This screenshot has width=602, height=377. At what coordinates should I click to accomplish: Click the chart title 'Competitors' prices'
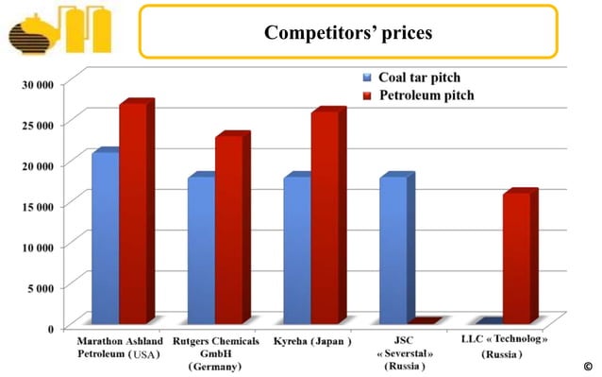(348, 33)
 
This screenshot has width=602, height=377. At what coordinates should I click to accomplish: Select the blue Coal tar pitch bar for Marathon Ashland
(104, 236)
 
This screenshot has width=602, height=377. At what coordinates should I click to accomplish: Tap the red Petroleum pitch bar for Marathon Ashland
(132, 212)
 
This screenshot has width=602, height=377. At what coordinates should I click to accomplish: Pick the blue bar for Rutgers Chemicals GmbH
(200, 248)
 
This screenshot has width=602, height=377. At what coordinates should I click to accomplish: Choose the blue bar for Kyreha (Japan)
(296, 248)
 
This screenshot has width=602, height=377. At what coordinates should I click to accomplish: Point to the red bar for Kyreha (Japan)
(325, 216)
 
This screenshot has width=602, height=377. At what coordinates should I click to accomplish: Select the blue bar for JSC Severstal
(393, 248)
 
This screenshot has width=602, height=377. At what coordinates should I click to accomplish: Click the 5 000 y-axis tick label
(48, 286)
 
